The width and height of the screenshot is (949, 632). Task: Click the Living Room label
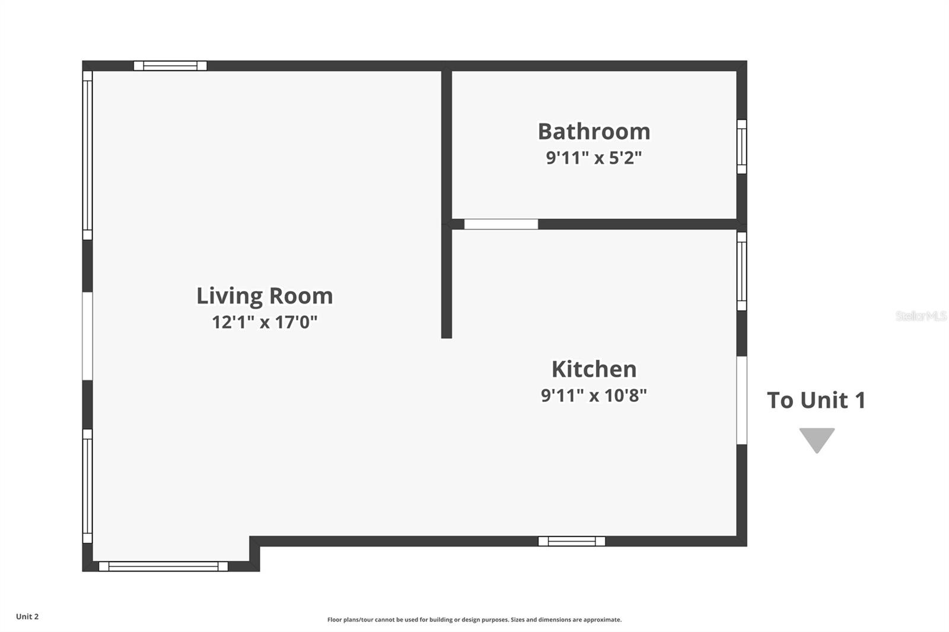click(x=265, y=296)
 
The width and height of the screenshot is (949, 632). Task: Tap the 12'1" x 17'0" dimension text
click(x=265, y=322)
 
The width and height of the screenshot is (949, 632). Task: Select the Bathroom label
click(x=594, y=131)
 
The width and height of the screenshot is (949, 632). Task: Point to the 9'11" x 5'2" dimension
click(x=594, y=158)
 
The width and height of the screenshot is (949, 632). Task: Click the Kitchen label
click(x=594, y=369)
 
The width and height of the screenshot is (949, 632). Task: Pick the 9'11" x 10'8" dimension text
click(x=594, y=395)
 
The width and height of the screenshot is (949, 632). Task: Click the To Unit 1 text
click(x=816, y=400)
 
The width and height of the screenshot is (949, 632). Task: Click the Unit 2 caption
click(x=27, y=617)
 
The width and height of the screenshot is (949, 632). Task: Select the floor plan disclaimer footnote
click(x=474, y=620)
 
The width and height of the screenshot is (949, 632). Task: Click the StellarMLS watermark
click(x=921, y=315)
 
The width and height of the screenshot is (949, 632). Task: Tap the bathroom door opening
click(x=501, y=224)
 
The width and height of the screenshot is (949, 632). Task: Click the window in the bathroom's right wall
click(x=741, y=146)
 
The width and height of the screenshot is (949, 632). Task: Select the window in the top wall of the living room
click(x=170, y=66)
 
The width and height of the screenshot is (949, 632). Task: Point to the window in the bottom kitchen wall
click(x=572, y=541)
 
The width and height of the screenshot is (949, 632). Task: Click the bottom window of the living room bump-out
click(x=163, y=566)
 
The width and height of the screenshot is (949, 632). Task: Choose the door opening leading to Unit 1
click(x=741, y=400)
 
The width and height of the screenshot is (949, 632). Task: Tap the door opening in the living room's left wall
click(x=87, y=336)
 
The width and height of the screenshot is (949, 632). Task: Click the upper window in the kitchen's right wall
click(x=741, y=271)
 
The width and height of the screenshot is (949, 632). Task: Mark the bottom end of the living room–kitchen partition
click(x=447, y=338)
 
